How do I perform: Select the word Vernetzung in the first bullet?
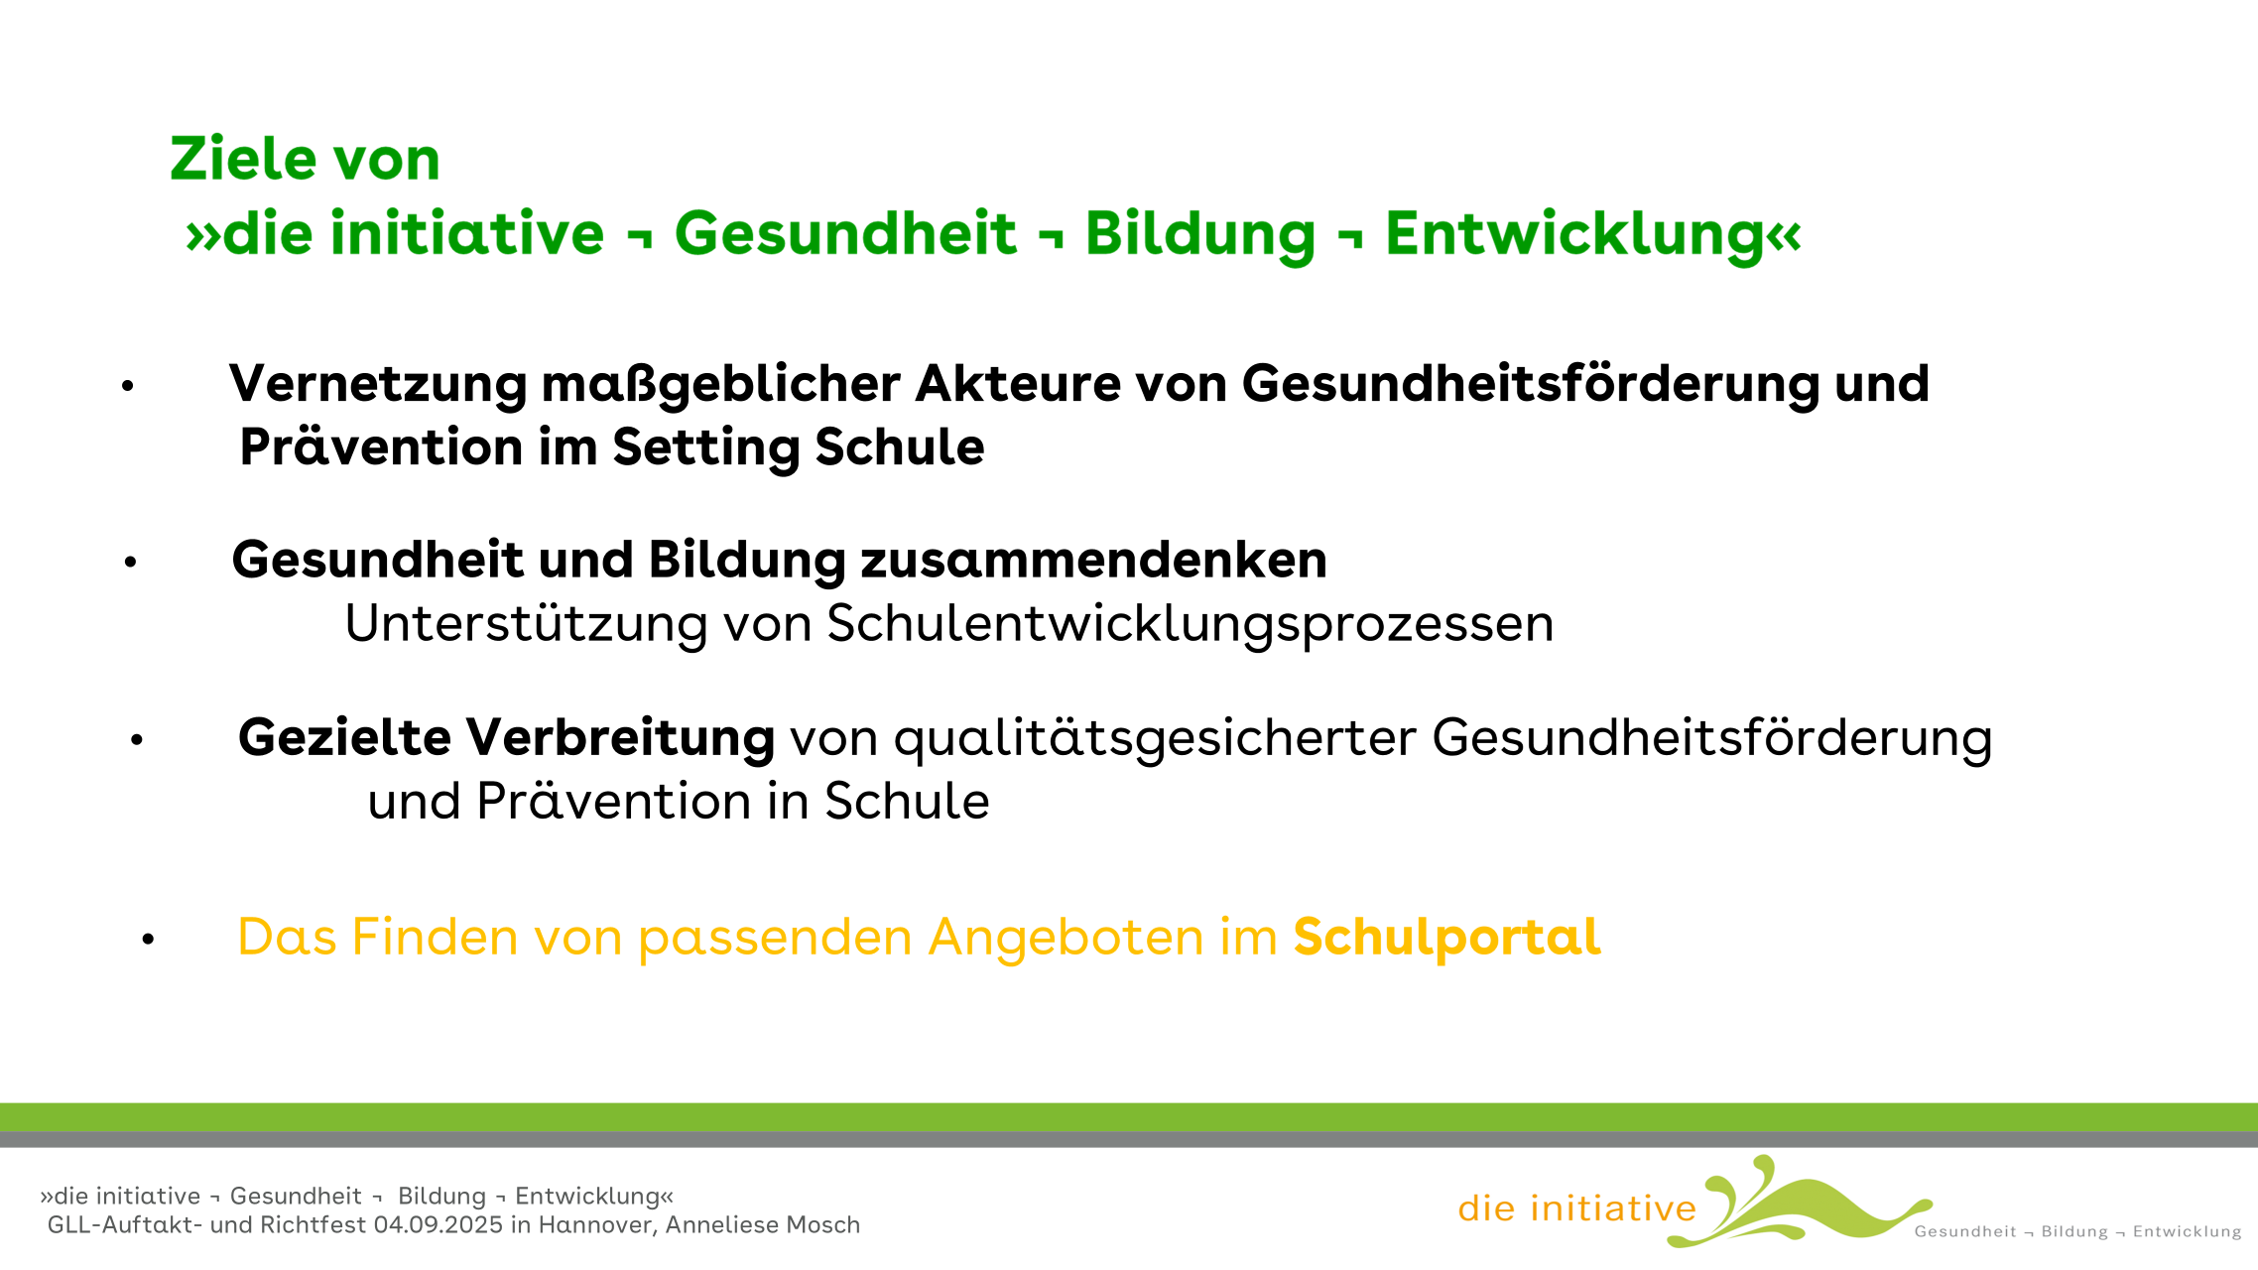coord(378,385)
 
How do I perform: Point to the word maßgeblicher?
coord(721,385)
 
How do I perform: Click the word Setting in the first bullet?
coord(706,448)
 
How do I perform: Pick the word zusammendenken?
coord(1094,560)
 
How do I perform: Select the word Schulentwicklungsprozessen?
coord(1191,624)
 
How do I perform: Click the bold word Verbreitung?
coord(620,737)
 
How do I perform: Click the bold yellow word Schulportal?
coord(1447,938)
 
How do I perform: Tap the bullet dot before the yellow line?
coord(148,939)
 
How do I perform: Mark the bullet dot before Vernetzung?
coord(127,386)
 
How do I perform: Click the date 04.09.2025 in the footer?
coord(439,1225)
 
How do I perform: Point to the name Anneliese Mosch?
coord(763,1225)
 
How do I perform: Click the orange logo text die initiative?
coord(1577,1208)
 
